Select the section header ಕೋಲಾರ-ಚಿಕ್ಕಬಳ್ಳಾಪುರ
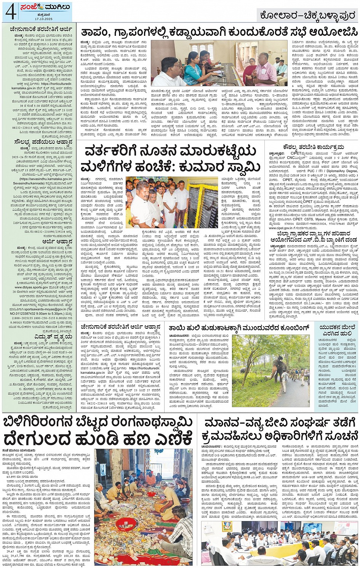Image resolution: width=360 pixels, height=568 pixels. (307, 16)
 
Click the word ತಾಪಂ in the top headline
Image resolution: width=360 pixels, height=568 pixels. (93, 32)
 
